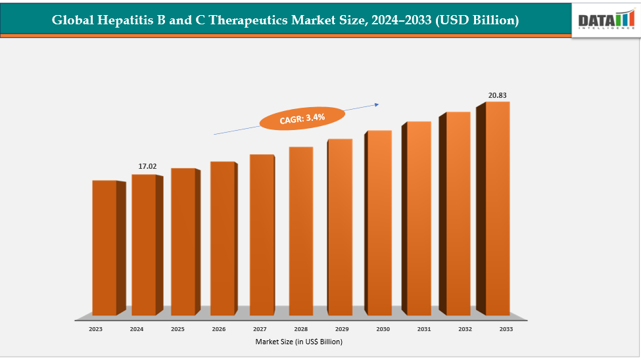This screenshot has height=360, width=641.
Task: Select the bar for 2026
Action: (222, 238)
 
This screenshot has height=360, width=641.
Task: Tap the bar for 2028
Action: (300, 231)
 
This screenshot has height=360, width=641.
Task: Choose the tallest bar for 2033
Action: (498, 208)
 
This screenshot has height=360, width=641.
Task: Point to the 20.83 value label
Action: (497, 95)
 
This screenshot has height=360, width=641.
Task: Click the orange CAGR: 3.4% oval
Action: (302, 118)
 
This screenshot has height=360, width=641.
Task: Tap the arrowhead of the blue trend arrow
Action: (377, 104)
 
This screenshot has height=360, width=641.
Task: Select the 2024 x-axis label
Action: (137, 328)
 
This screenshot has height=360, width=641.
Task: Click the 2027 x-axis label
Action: (260, 328)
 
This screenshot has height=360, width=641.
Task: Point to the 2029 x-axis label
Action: (342, 328)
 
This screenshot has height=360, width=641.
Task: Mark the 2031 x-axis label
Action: (424, 328)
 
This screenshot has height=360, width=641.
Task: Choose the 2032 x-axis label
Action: (465, 328)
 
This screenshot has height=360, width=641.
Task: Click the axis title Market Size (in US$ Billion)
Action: (299, 342)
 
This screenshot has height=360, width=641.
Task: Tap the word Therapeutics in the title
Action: (241, 20)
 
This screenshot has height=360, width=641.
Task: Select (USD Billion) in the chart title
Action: (476, 20)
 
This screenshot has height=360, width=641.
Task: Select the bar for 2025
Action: (183, 241)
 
